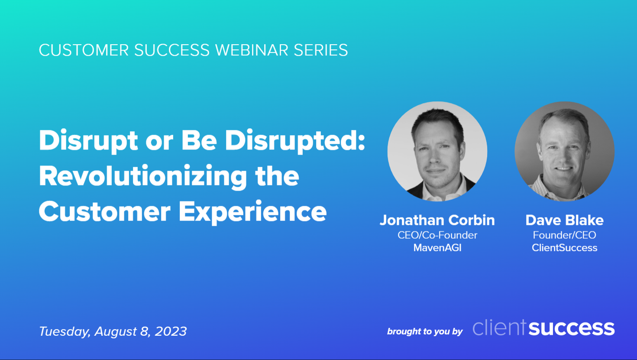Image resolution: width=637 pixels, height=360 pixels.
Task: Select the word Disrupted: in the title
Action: coord(295,140)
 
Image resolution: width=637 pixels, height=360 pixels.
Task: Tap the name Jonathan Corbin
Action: coord(437,220)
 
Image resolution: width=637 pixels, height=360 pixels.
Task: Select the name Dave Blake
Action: coord(564,220)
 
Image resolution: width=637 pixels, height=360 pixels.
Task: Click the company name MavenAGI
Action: coord(437,248)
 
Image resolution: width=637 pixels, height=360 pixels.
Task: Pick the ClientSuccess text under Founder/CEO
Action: coord(564,248)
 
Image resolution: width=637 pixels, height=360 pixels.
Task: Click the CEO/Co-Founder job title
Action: coord(437,235)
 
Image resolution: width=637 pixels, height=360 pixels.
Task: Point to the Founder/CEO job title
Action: coord(564,235)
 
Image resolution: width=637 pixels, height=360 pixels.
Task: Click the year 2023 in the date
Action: coord(171,331)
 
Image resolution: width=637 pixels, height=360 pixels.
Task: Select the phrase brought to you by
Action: coord(424,332)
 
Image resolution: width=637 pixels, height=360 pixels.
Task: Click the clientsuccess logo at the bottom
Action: coord(543,328)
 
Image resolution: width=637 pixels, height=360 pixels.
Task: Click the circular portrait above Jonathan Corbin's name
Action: coord(437,151)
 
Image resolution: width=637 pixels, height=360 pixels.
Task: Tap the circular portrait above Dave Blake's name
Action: coord(564,151)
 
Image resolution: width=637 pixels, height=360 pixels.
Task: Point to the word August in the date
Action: coord(115,331)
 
